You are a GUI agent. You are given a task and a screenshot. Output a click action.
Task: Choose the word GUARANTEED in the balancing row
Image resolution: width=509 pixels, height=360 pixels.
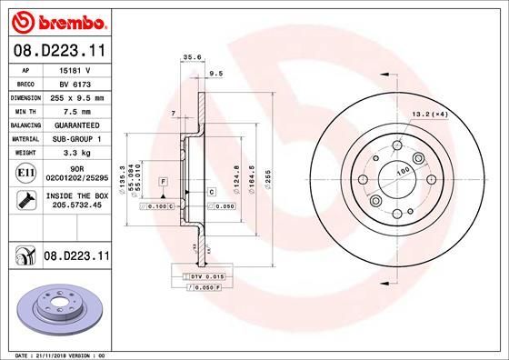coord(74,124)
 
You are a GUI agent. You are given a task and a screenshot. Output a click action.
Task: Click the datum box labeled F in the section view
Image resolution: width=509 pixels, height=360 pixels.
coord(162,182)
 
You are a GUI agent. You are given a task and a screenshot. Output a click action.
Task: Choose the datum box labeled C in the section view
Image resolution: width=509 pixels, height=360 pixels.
coord(210,192)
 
